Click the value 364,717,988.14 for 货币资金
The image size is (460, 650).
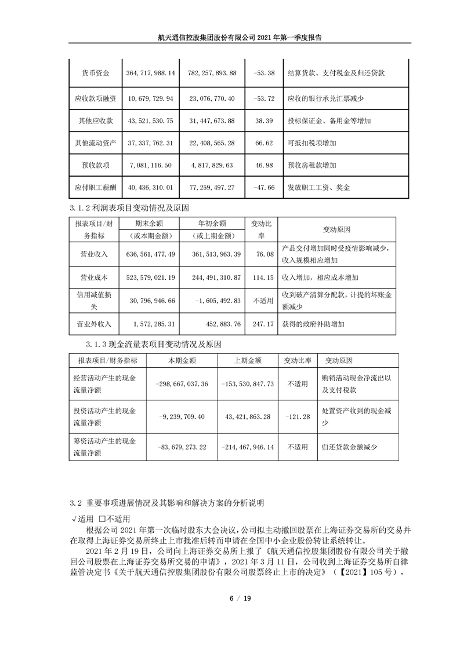point(150,74)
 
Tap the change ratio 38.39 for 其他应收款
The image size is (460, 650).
point(263,120)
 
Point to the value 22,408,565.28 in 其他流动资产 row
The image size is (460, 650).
point(212,143)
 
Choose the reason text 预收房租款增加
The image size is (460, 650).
point(312,165)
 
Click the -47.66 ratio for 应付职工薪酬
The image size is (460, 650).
point(263,188)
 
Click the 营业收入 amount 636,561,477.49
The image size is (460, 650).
point(150,253)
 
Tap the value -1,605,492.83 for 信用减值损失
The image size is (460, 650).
point(212,301)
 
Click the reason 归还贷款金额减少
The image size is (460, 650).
point(349,447)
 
